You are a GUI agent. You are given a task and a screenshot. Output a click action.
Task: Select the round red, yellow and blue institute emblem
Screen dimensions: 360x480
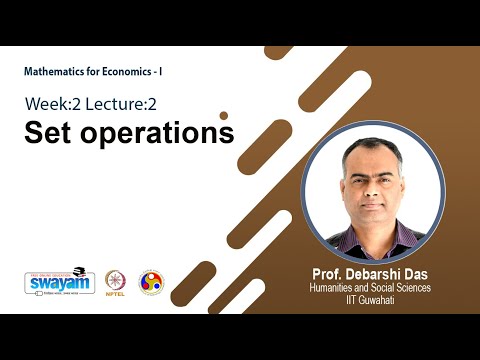(151, 281)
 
